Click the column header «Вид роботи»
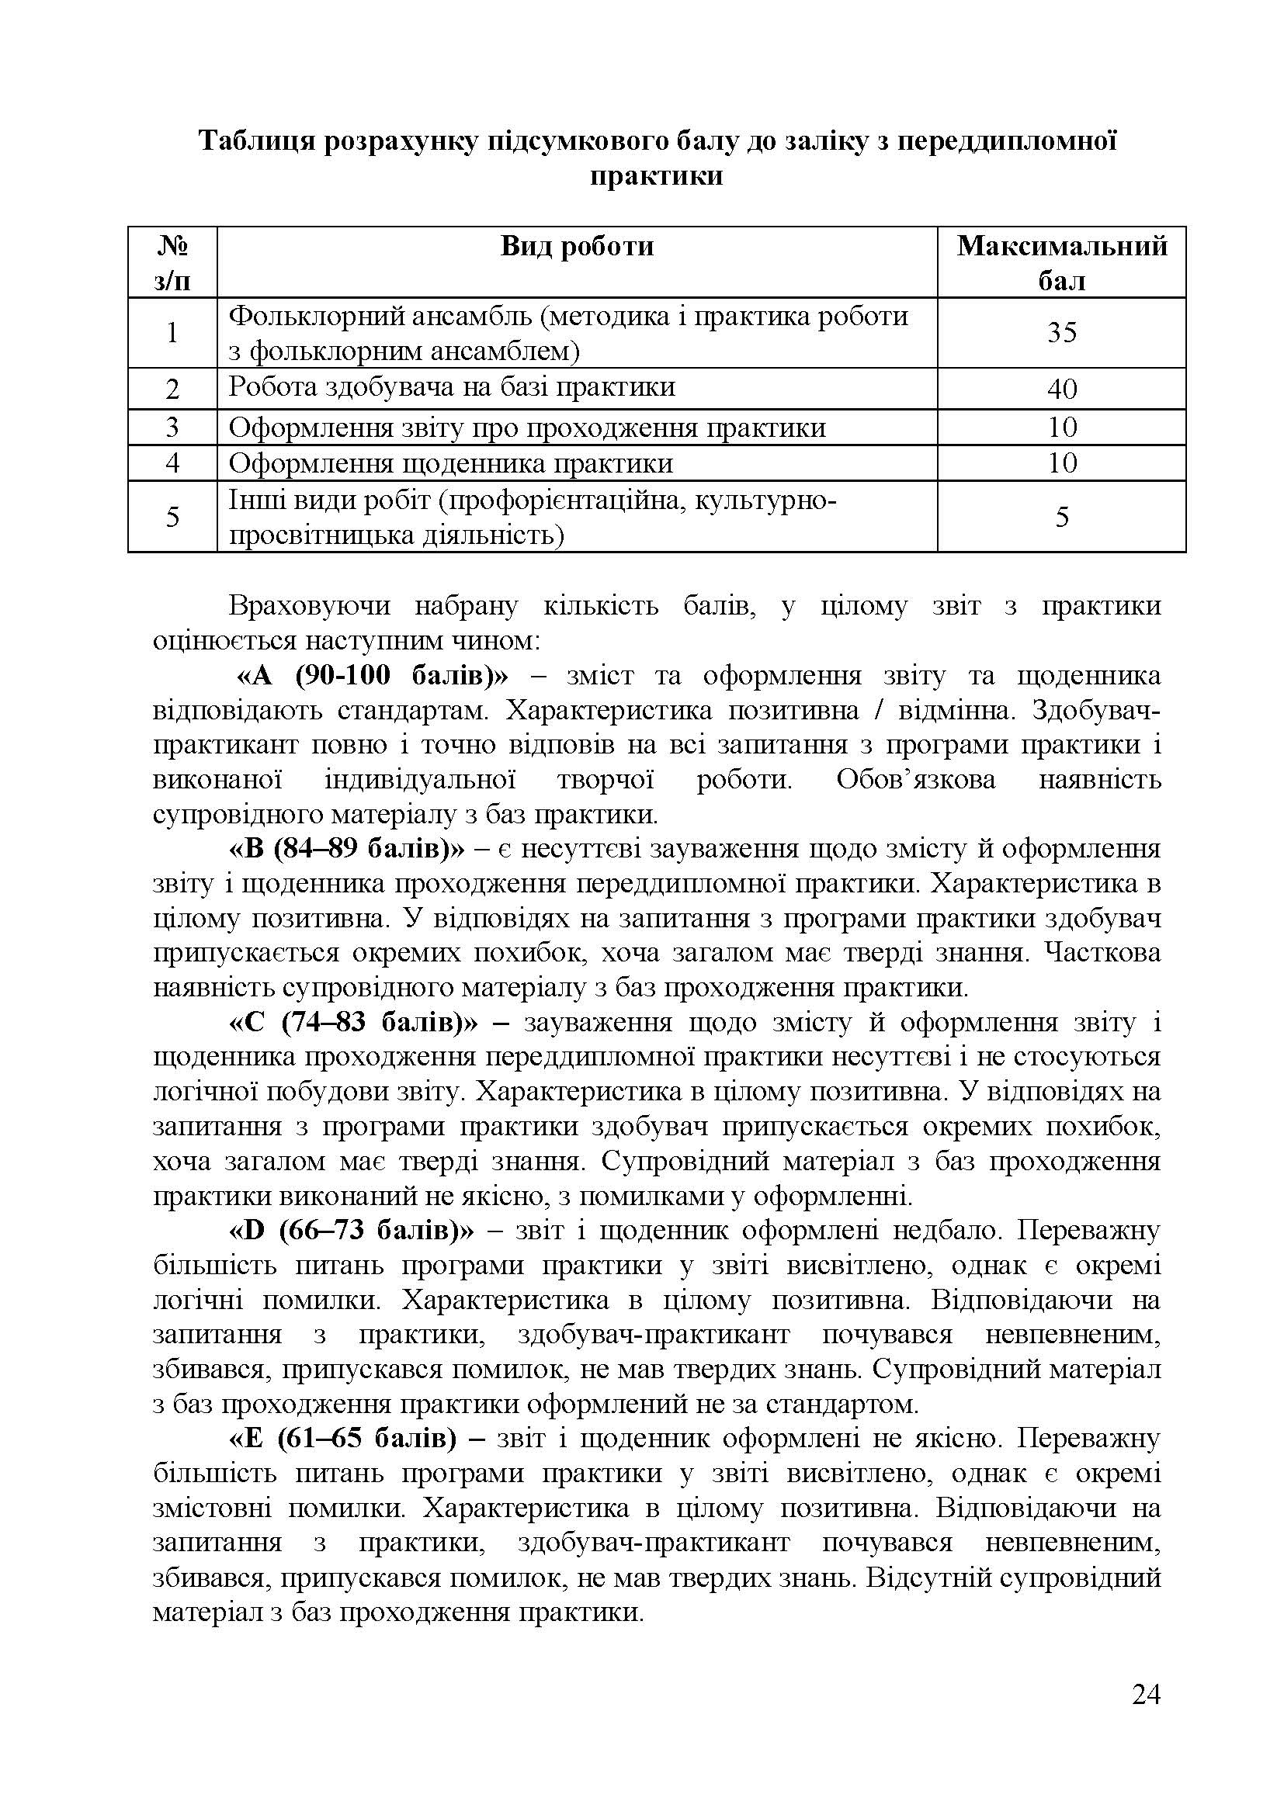tap(577, 247)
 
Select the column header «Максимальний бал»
tap(1061, 262)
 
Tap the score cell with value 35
tap(1062, 332)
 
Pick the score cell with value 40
tap(1062, 388)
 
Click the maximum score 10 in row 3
tap(1062, 427)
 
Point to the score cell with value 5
tap(1062, 517)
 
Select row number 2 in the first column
tap(172, 388)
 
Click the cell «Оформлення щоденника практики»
tap(451, 463)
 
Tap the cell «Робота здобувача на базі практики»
tap(452, 386)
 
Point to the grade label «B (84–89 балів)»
tap(348, 849)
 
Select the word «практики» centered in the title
tap(656, 175)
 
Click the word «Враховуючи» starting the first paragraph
tap(307, 606)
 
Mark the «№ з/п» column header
tap(172, 262)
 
